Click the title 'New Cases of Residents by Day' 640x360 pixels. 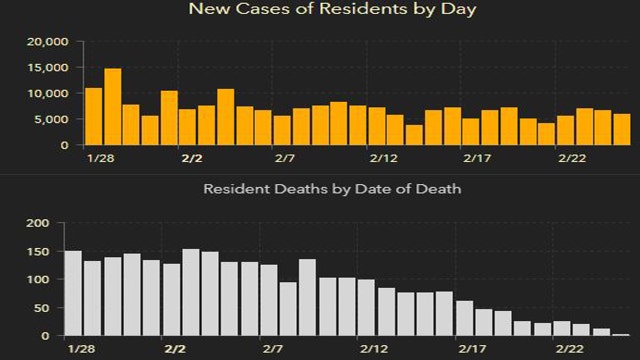click(319, 11)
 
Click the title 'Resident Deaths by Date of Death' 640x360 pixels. click(332, 188)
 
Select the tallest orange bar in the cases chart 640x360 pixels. click(113, 107)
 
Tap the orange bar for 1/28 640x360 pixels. click(94, 116)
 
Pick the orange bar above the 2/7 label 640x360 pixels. click(282, 130)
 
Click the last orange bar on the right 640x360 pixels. click(621, 129)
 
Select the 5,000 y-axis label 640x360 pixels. click(52, 120)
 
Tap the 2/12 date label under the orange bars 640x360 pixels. click(383, 159)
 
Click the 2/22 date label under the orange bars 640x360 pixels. click(572, 159)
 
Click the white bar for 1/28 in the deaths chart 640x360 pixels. click(74, 293)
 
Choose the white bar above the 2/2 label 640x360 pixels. click(191, 292)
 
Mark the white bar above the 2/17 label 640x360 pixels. click(465, 318)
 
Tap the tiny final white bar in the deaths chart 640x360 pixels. click(620, 334)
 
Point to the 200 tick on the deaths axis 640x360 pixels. click(37, 223)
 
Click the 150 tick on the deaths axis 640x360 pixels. click(37, 251)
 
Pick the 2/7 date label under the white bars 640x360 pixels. click(270, 348)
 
